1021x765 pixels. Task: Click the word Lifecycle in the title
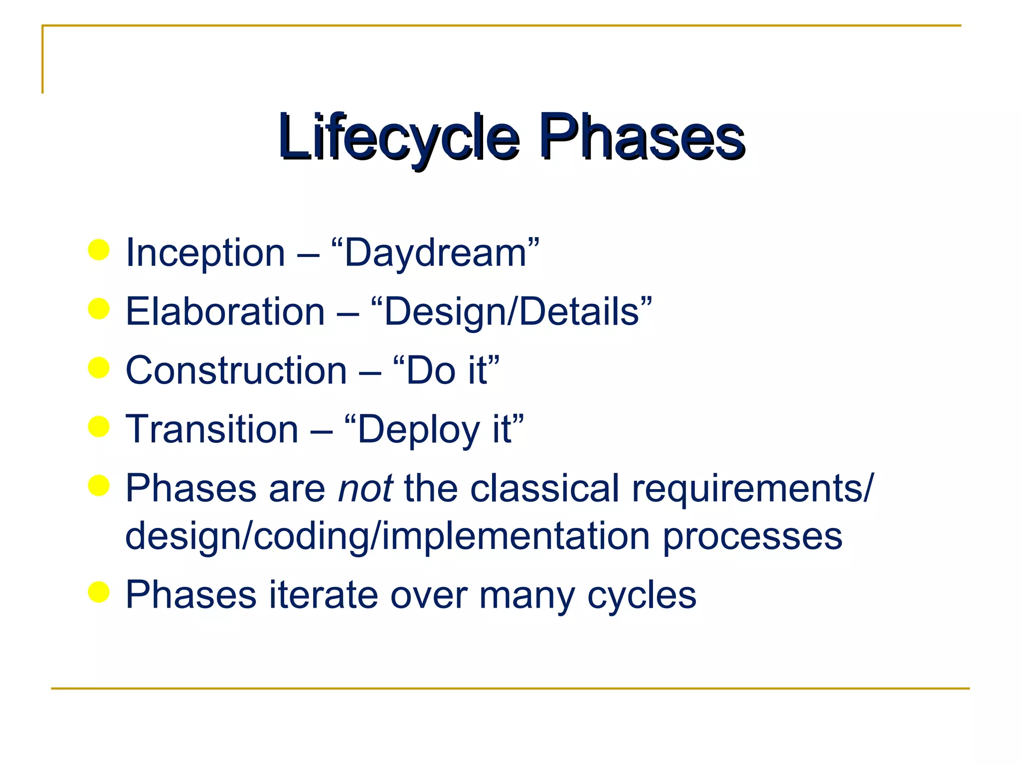tap(399, 137)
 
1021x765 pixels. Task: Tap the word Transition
tap(212, 429)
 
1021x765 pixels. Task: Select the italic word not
tap(365, 489)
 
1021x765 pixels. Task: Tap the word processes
tap(752, 537)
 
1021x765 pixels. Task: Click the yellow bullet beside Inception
tap(99, 250)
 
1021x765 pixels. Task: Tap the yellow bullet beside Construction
tap(99, 368)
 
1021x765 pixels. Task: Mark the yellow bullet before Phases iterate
tap(99, 592)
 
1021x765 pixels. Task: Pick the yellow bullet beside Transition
tap(99, 426)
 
